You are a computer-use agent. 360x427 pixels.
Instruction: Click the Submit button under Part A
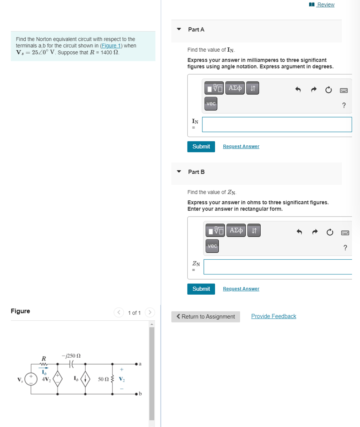pyautogui.click(x=201, y=146)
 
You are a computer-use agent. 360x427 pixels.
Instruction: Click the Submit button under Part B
pyautogui.click(x=201, y=289)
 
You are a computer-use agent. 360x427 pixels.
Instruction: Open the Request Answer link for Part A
pyautogui.click(x=241, y=146)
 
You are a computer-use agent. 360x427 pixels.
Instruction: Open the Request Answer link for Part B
pyautogui.click(x=241, y=289)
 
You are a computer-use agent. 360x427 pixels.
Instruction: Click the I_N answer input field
pyautogui.click(x=277, y=124)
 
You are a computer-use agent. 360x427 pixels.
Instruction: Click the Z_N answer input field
pyautogui.click(x=277, y=267)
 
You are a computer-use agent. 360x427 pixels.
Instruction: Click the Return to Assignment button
pyautogui.click(x=205, y=317)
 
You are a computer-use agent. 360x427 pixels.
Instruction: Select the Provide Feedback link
pyautogui.click(x=274, y=316)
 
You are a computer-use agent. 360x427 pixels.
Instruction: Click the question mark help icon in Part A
pyautogui.click(x=344, y=105)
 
